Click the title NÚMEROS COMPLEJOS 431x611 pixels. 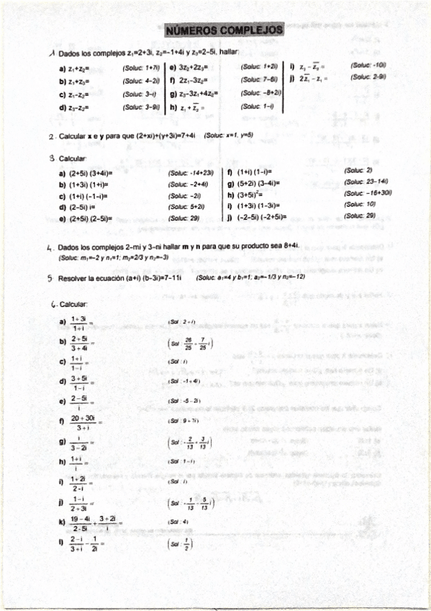tap(224, 31)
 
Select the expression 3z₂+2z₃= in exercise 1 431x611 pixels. tap(195, 67)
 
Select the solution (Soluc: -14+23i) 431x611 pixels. tap(191, 174)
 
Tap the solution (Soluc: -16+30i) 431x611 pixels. tap(368, 193)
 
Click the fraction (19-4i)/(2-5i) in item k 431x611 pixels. tap(80, 523)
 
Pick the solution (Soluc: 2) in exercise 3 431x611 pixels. tap(358, 171)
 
